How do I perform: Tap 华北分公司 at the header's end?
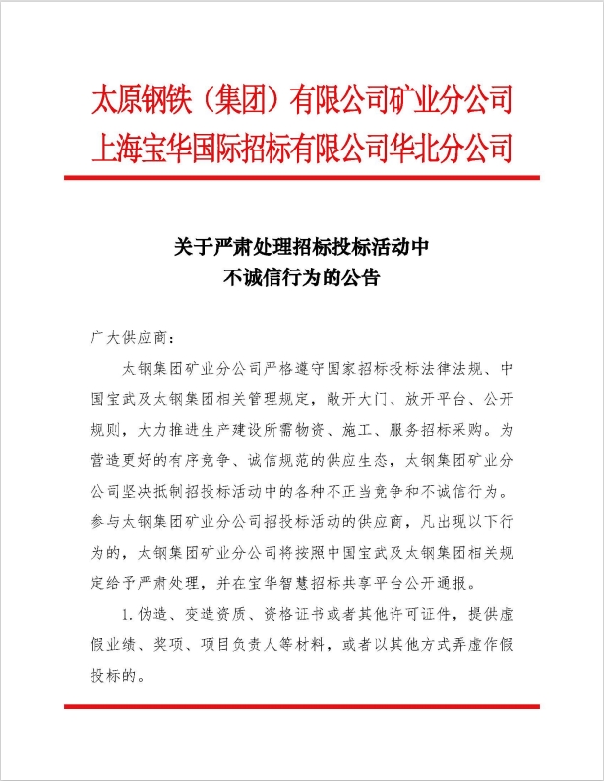(453, 149)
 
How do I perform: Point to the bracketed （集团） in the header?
(237, 101)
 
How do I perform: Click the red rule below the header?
(301, 178)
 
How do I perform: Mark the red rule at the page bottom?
(301, 705)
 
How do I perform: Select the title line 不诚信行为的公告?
(301, 277)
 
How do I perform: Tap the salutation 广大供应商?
(129, 339)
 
